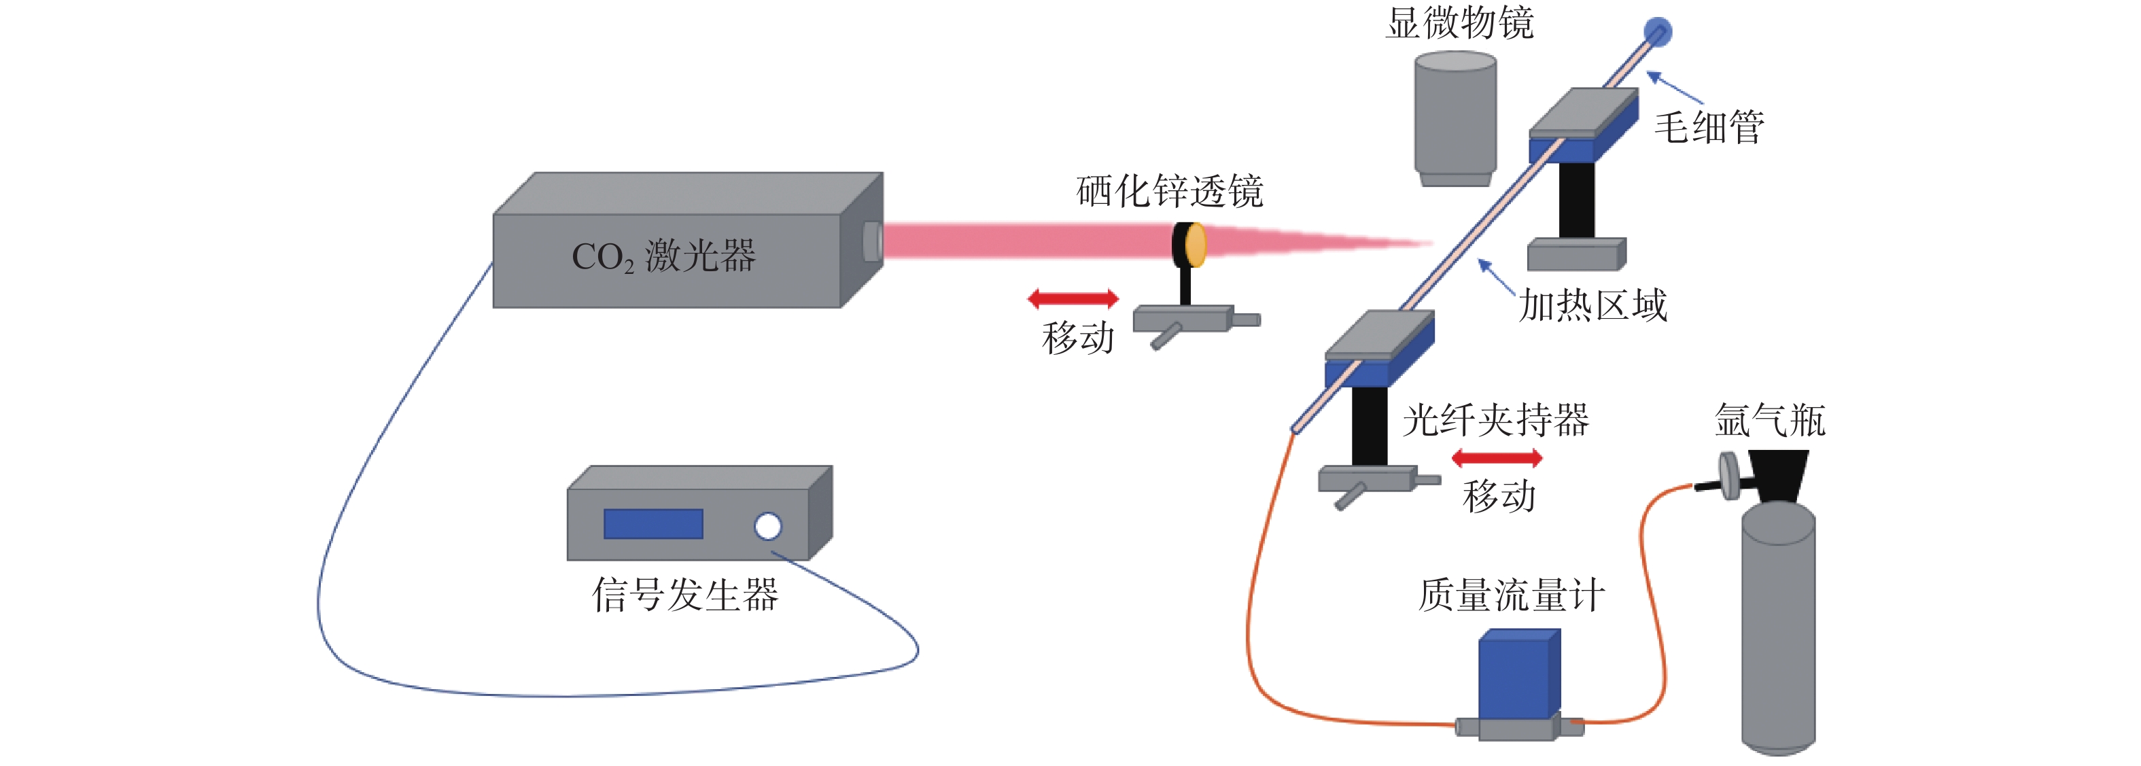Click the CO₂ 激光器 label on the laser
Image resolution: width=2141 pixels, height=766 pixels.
pyautogui.click(x=663, y=256)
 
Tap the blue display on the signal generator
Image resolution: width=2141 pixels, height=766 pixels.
pyautogui.click(x=653, y=523)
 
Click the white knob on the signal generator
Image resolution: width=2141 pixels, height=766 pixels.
pyautogui.click(x=768, y=526)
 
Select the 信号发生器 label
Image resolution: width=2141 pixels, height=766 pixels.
pyautogui.click(x=685, y=595)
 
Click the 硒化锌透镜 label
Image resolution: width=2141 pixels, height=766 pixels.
pyautogui.click(x=1170, y=191)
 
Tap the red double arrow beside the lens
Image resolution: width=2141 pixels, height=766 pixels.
pyautogui.click(x=1073, y=298)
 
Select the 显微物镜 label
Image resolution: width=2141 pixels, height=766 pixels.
pyautogui.click(x=1459, y=22)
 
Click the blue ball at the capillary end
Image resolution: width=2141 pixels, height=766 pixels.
pyautogui.click(x=1658, y=31)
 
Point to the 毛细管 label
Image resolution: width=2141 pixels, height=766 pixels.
pyautogui.click(x=1709, y=127)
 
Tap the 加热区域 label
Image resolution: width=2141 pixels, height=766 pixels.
pyautogui.click(x=1593, y=305)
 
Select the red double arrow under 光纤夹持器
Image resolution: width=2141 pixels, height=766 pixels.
pyautogui.click(x=1497, y=458)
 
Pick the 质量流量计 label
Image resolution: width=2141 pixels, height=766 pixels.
pyautogui.click(x=1511, y=595)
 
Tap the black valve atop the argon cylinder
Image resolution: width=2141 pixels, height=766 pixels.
pyautogui.click(x=1779, y=475)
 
